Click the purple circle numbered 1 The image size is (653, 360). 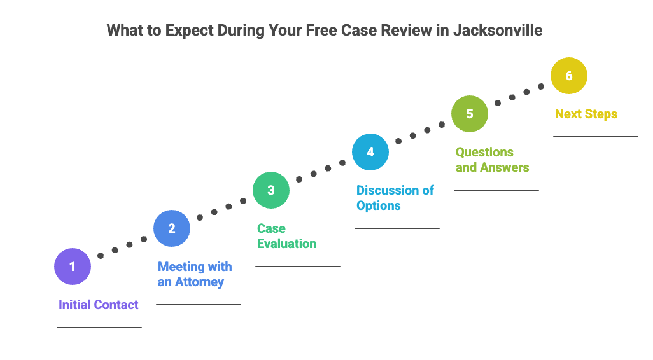pyautogui.click(x=73, y=267)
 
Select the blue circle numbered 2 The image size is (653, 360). pyautogui.click(x=172, y=228)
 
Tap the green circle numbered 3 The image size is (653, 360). pyautogui.click(x=271, y=190)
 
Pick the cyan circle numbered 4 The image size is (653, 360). pyautogui.click(x=370, y=152)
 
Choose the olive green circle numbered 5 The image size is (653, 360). pyautogui.click(x=470, y=114)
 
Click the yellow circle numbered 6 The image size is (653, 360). pyautogui.click(x=569, y=76)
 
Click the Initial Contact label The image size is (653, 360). pyautogui.click(x=99, y=305)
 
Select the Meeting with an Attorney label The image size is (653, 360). pyautogui.click(x=195, y=274)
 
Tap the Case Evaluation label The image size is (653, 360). pyautogui.click(x=286, y=236)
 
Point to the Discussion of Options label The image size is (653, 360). pyautogui.click(x=395, y=198)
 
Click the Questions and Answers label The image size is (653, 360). pyautogui.click(x=492, y=160)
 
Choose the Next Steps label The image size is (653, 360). pyautogui.click(x=586, y=114)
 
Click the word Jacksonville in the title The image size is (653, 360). pyautogui.click(x=498, y=31)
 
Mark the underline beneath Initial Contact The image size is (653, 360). pyautogui.click(x=99, y=328)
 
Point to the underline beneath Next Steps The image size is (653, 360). pyautogui.click(x=595, y=137)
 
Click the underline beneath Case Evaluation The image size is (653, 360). pyautogui.click(x=298, y=267)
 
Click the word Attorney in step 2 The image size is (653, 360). pyautogui.click(x=199, y=282)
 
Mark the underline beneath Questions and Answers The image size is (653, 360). pyautogui.click(x=496, y=190)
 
